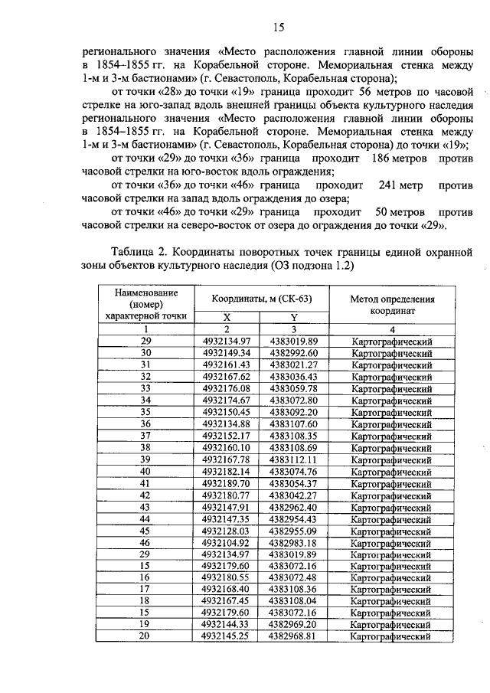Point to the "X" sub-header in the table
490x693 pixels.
pyautogui.click(x=227, y=316)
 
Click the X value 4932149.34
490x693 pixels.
pyautogui.click(x=227, y=353)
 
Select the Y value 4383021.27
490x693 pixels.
pyautogui.click(x=293, y=365)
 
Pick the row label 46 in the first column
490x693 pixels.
pyautogui.click(x=145, y=542)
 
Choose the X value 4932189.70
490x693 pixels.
pyautogui.click(x=227, y=483)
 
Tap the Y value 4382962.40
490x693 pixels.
pyautogui.click(x=293, y=507)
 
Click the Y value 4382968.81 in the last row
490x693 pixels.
pyautogui.click(x=293, y=636)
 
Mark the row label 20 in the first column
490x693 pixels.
pyautogui.click(x=145, y=636)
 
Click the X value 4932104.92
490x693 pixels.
pyautogui.click(x=227, y=542)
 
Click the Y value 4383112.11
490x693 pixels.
pyautogui.click(x=293, y=459)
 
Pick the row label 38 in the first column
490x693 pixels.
pyautogui.click(x=145, y=448)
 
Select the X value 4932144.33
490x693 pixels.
pyautogui.click(x=227, y=625)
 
